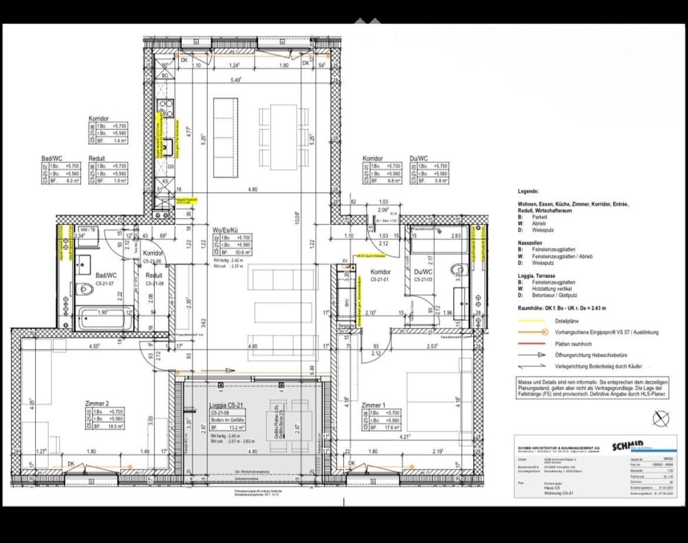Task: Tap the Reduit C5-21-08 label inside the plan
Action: pyautogui.click(x=154, y=278)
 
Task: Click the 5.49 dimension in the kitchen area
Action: pyautogui.click(x=236, y=80)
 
